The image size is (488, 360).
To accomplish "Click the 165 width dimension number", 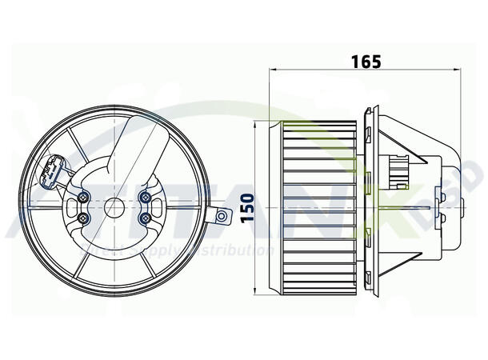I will pos(365,61).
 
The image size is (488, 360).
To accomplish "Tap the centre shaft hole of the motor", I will pos(115,209).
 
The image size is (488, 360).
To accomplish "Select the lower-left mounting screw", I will pos(85,218).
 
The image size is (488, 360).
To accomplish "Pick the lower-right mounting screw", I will pos(146,218).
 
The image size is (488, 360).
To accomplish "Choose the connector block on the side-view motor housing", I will pos(398,170).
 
